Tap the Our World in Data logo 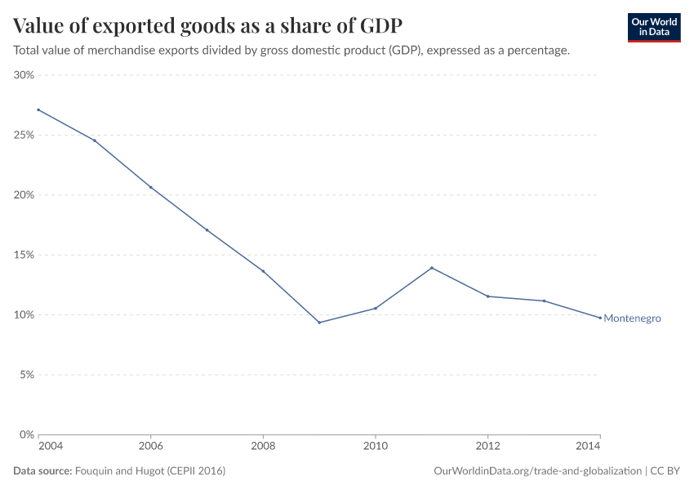click(x=653, y=27)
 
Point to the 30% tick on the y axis click(x=23, y=75)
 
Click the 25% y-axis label click(x=23, y=135)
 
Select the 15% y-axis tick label click(x=23, y=255)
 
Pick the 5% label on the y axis click(x=25, y=375)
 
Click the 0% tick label click(x=25, y=434)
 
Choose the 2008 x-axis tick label click(x=263, y=447)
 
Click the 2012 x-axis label click(x=487, y=447)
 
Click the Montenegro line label click(x=632, y=318)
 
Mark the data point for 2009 click(x=319, y=323)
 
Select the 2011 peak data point click(x=431, y=268)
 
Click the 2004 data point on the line click(x=38, y=109)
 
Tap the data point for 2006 click(x=150, y=187)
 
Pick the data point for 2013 click(x=544, y=301)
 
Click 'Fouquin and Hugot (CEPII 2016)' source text click(x=150, y=471)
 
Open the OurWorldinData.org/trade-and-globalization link click(x=539, y=471)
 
